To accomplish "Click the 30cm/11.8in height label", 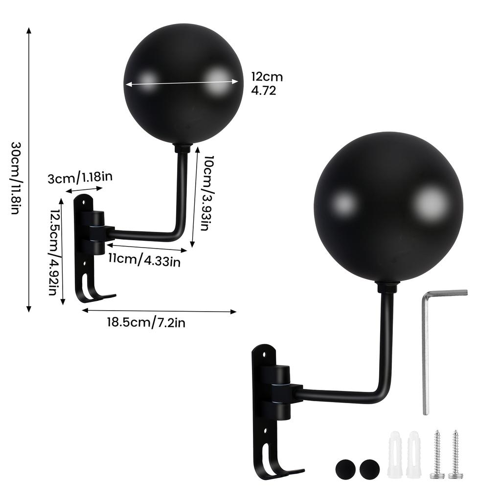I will click(15, 179).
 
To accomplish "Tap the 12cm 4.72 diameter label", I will click(267, 83).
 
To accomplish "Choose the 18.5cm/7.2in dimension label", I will click(146, 322).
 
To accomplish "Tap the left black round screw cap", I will click(345, 470).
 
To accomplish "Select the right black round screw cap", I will click(369, 470).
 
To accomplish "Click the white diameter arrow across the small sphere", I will click(182, 84).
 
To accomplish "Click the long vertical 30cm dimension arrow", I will click(29, 169).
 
